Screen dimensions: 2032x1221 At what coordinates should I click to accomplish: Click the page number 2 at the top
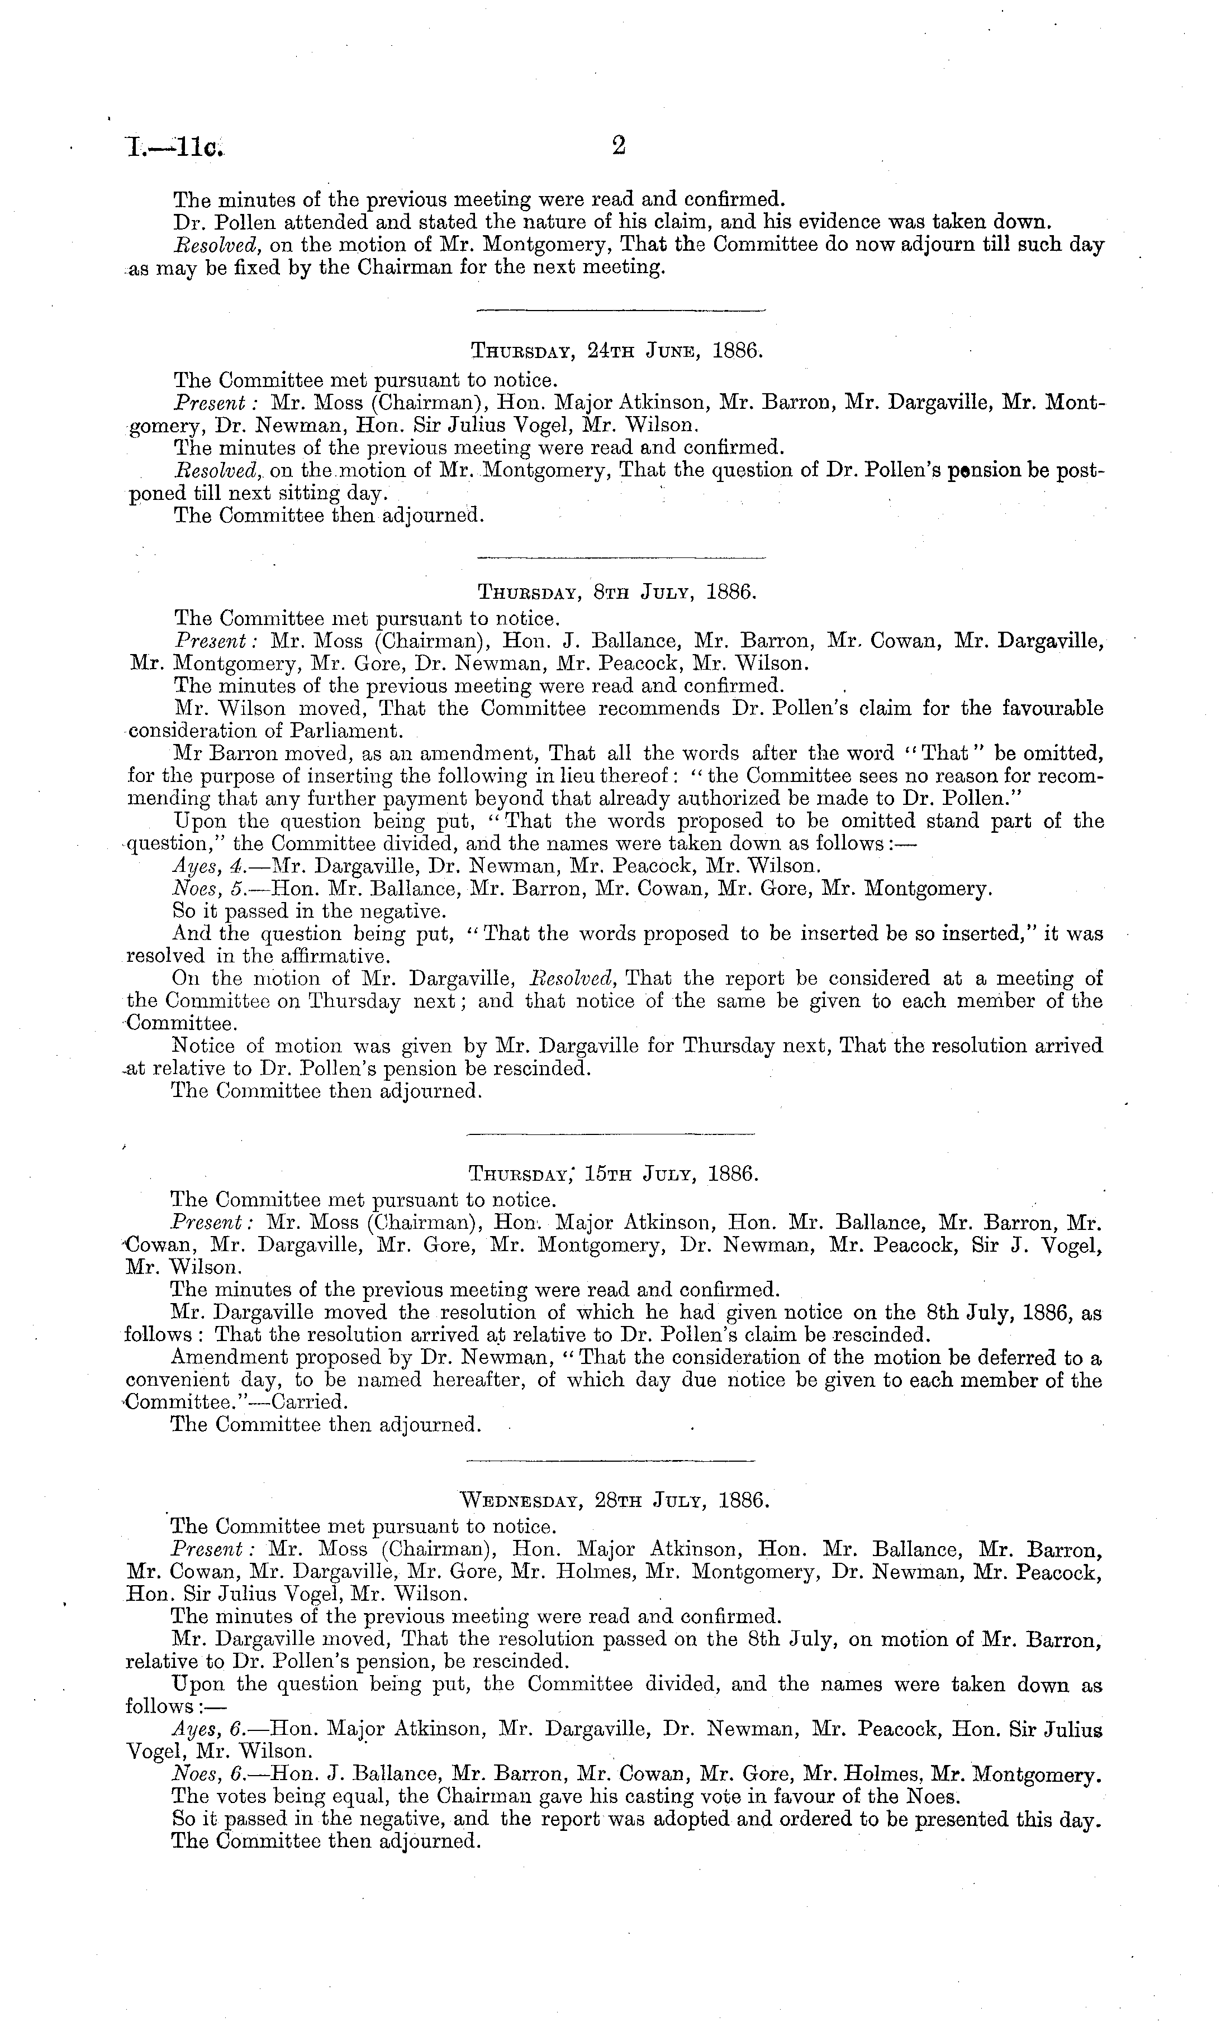[x=619, y=146]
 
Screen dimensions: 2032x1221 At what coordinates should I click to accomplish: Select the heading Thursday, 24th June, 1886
[x=616, y=351]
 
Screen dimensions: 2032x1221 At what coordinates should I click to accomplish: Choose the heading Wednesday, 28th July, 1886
[x=613, y=1499]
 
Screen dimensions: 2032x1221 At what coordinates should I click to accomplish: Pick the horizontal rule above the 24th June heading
[x=621, y=310]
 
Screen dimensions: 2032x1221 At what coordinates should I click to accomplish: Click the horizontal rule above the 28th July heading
[x=610, y=1461]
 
